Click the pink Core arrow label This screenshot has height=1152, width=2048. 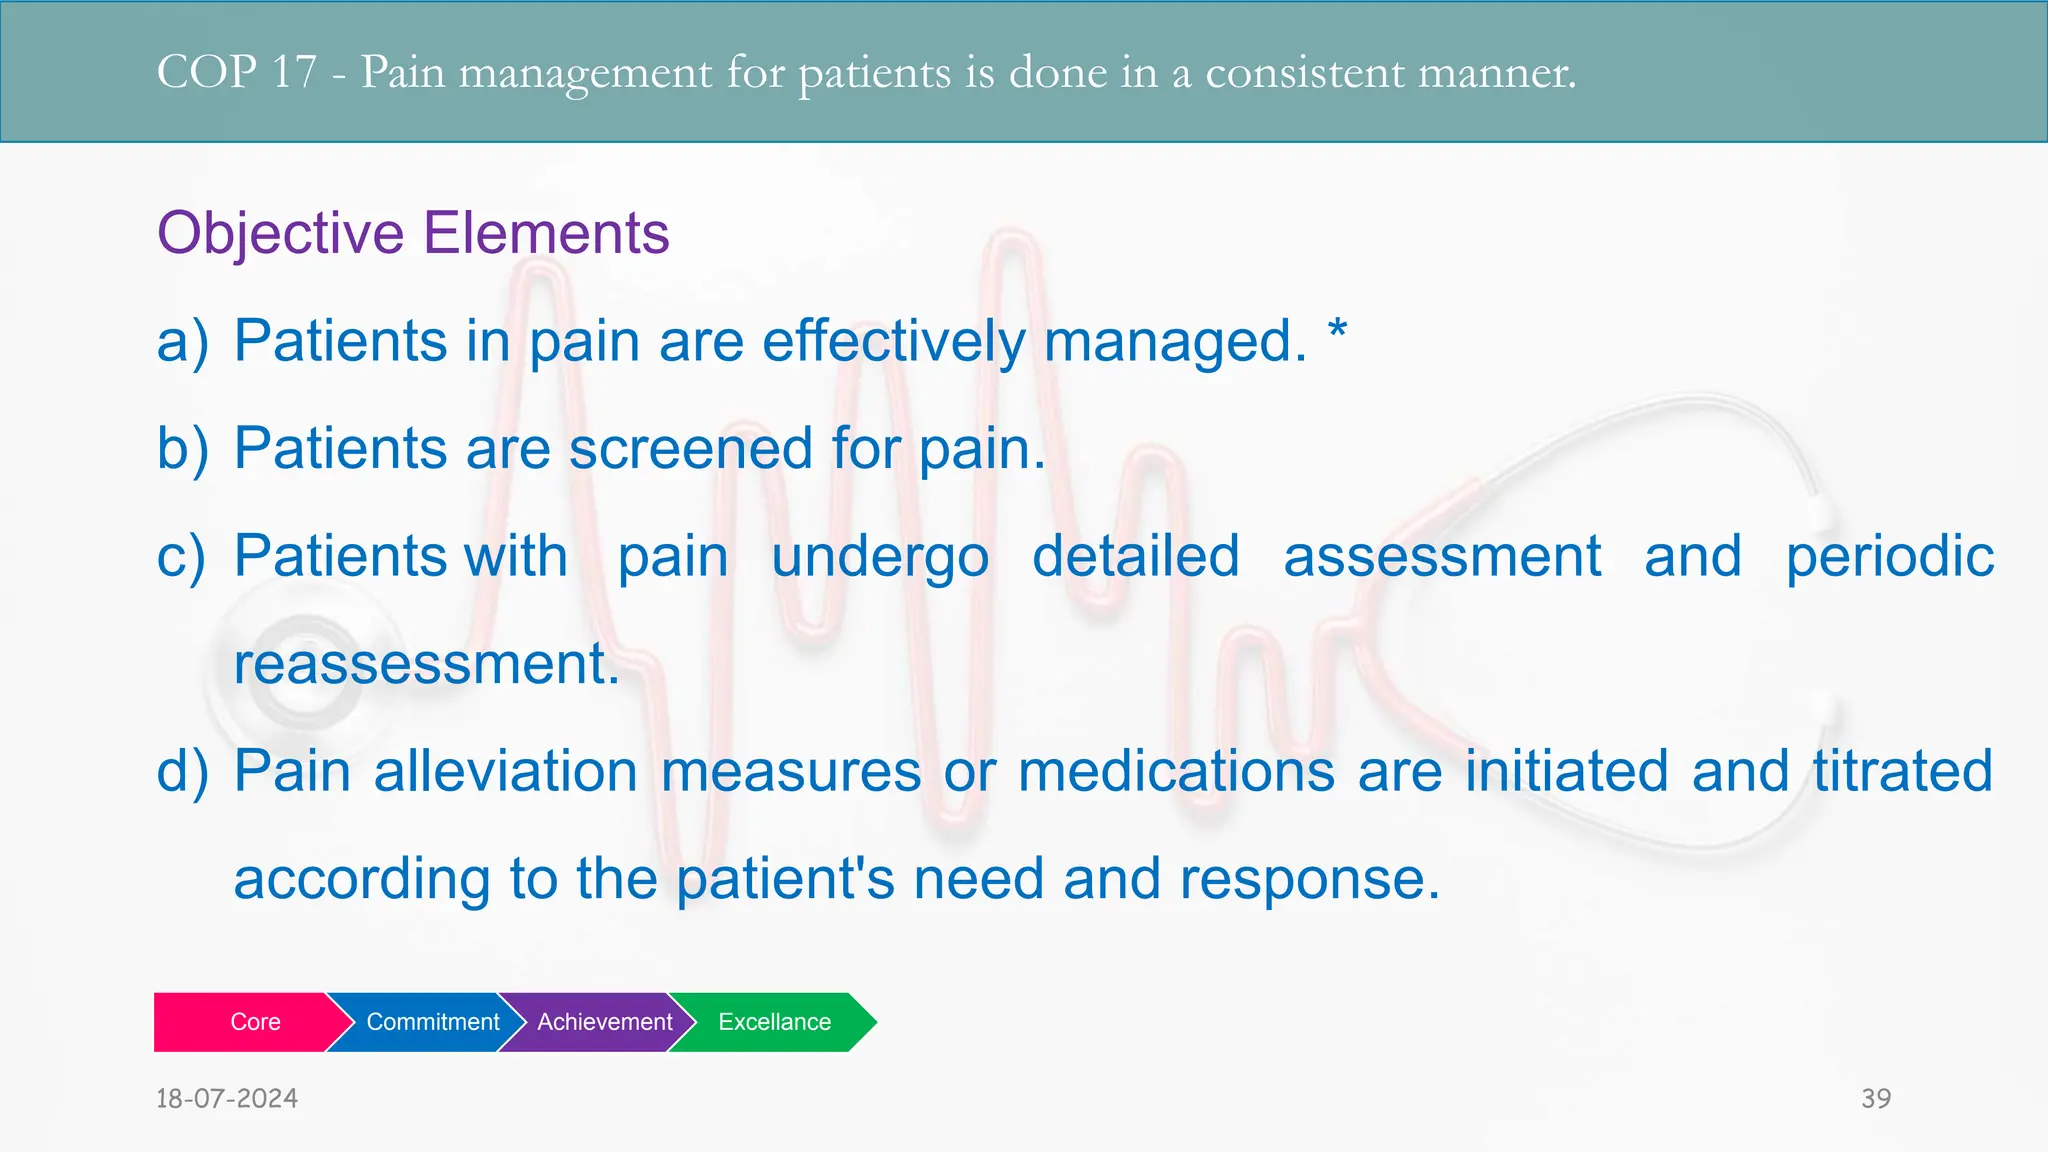pos(254,1022)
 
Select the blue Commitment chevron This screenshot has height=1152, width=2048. pos(432,1022)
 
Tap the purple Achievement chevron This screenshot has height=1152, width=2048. pos(604,1022)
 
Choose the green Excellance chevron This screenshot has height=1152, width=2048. pos(774,1022)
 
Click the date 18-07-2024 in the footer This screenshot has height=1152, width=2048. pos(227,1098)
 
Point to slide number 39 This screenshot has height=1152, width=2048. pos(1875,1098)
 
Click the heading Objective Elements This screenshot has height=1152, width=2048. pos(413,233)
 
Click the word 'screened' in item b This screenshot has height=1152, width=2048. pos(690,448)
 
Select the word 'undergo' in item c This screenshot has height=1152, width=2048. pos(880,558)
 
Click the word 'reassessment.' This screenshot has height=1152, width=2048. pos(427,664)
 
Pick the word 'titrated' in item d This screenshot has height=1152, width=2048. pos(1903,771)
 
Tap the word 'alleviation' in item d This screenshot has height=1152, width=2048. pos(505,771)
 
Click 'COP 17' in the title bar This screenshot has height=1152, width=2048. pos(236,72)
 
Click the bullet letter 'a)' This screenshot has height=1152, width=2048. pos(183,341)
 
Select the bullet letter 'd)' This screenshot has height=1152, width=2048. pos(183,771)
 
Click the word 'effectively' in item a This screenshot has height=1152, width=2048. pos(894,341)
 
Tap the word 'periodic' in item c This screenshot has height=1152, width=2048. pos(1889,558)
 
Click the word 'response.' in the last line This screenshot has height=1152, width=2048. pos(1310,879)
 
